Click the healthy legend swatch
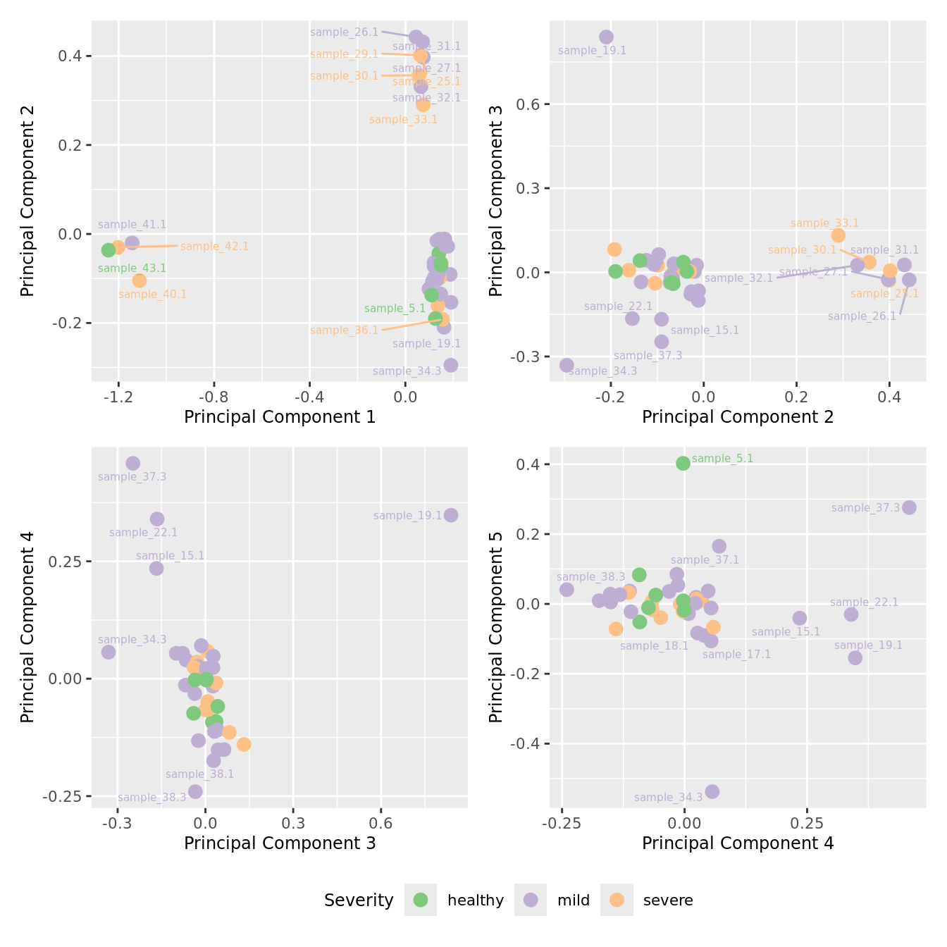[x=421, y=900]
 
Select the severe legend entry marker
[x=617, y=900]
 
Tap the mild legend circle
[x=531, y=900]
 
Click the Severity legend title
[x=359, y=900]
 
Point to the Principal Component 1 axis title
[x=280, y=417]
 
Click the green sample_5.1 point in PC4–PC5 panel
[x=683, y=463]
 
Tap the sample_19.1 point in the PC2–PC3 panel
[x=606, y=37]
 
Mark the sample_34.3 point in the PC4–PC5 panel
[x=712, y=791]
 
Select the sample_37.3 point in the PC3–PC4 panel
[x=132, y=463]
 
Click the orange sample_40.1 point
[x=140, y=280]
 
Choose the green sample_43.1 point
[x=109, y=250]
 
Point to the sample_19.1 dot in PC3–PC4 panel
[x=451, y=515]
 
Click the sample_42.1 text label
[x=214, y=247]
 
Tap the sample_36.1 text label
[x=344, y=330]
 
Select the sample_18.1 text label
[x=654, y=645]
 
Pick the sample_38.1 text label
[x=199, y=774]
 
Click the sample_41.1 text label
[x=132, y=225]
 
